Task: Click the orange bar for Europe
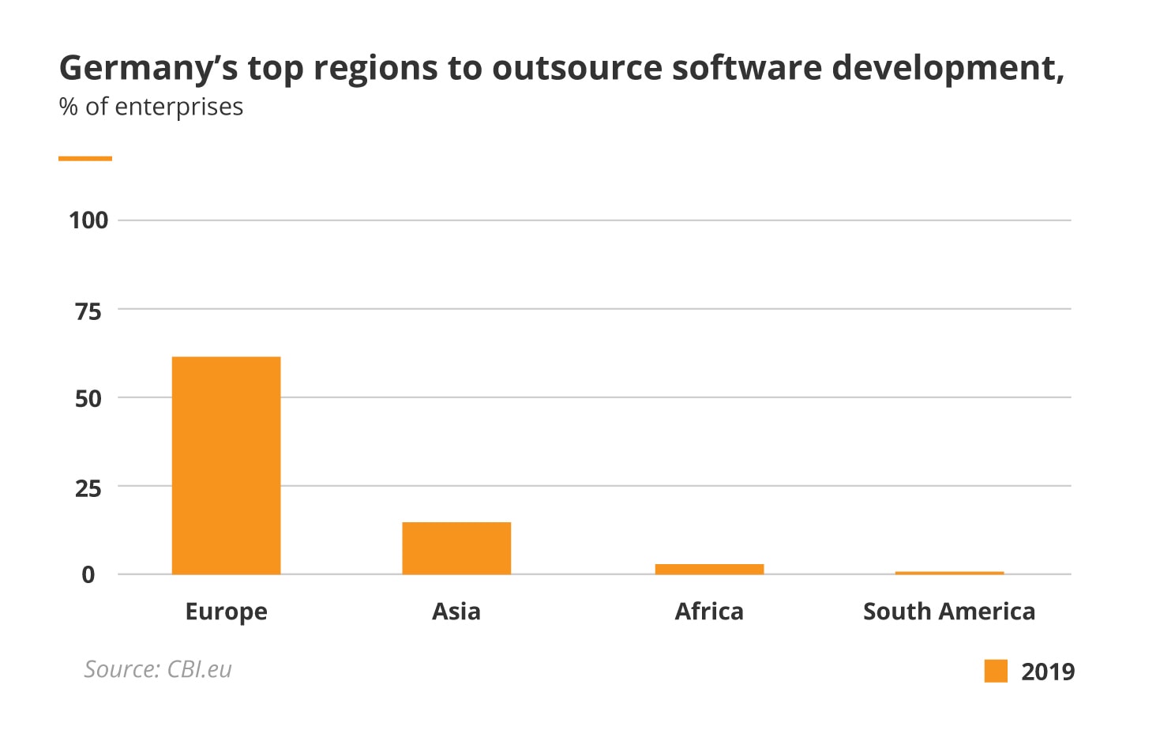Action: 226,465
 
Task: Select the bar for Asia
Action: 456,548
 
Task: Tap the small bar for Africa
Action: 709,569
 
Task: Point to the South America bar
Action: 949,573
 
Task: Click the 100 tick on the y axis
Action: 88,220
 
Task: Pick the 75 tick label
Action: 88,311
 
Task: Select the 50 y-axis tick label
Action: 88,399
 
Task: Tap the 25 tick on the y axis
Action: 88,488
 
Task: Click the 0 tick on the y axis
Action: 88,575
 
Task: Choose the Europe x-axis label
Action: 226,612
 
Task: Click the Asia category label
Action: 456,612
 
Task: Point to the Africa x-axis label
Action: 709,612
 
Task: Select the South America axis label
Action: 949,612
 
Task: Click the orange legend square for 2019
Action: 996,671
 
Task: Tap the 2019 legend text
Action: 1048,672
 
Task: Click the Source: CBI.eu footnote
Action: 158,670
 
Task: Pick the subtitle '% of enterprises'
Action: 151,107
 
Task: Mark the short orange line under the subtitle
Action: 85,159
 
